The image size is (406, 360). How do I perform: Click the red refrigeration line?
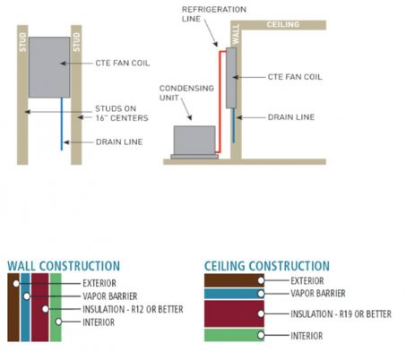[x=220, y=101]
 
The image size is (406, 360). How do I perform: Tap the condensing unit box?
[x=194, y=141]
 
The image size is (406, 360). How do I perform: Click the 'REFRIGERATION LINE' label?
[x=214, y=14]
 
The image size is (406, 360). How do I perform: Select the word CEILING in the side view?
[x=283, y=24]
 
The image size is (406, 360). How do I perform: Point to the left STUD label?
[x=22, y=42]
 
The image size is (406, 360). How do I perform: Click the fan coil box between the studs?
[x=49, y=67]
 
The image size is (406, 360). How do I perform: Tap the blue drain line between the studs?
[x=62, y=124]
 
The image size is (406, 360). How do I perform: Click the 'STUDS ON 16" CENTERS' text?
[x=122, y=113]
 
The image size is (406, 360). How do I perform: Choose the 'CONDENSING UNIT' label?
[x=186, y=93]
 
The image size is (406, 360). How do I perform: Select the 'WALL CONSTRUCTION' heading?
[x=64, y=266]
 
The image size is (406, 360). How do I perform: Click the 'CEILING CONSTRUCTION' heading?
[x=267, y=266]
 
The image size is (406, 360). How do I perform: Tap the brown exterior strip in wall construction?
[x=13, y=307]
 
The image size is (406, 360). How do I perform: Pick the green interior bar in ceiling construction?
[x=234, y=335]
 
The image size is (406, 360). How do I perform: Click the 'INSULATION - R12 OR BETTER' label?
[x=133, y=309]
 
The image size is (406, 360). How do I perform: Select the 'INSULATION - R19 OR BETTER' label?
[x=341, y=313]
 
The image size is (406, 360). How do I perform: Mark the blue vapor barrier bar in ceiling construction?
[x=234, y=294]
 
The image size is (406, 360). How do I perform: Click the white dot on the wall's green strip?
[x=58, y=321]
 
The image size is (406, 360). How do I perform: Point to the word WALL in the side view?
[x=236, y=34]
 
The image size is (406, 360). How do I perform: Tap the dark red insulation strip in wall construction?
[x=40, y=307]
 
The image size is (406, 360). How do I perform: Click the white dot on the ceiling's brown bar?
[x=261, y=280]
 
